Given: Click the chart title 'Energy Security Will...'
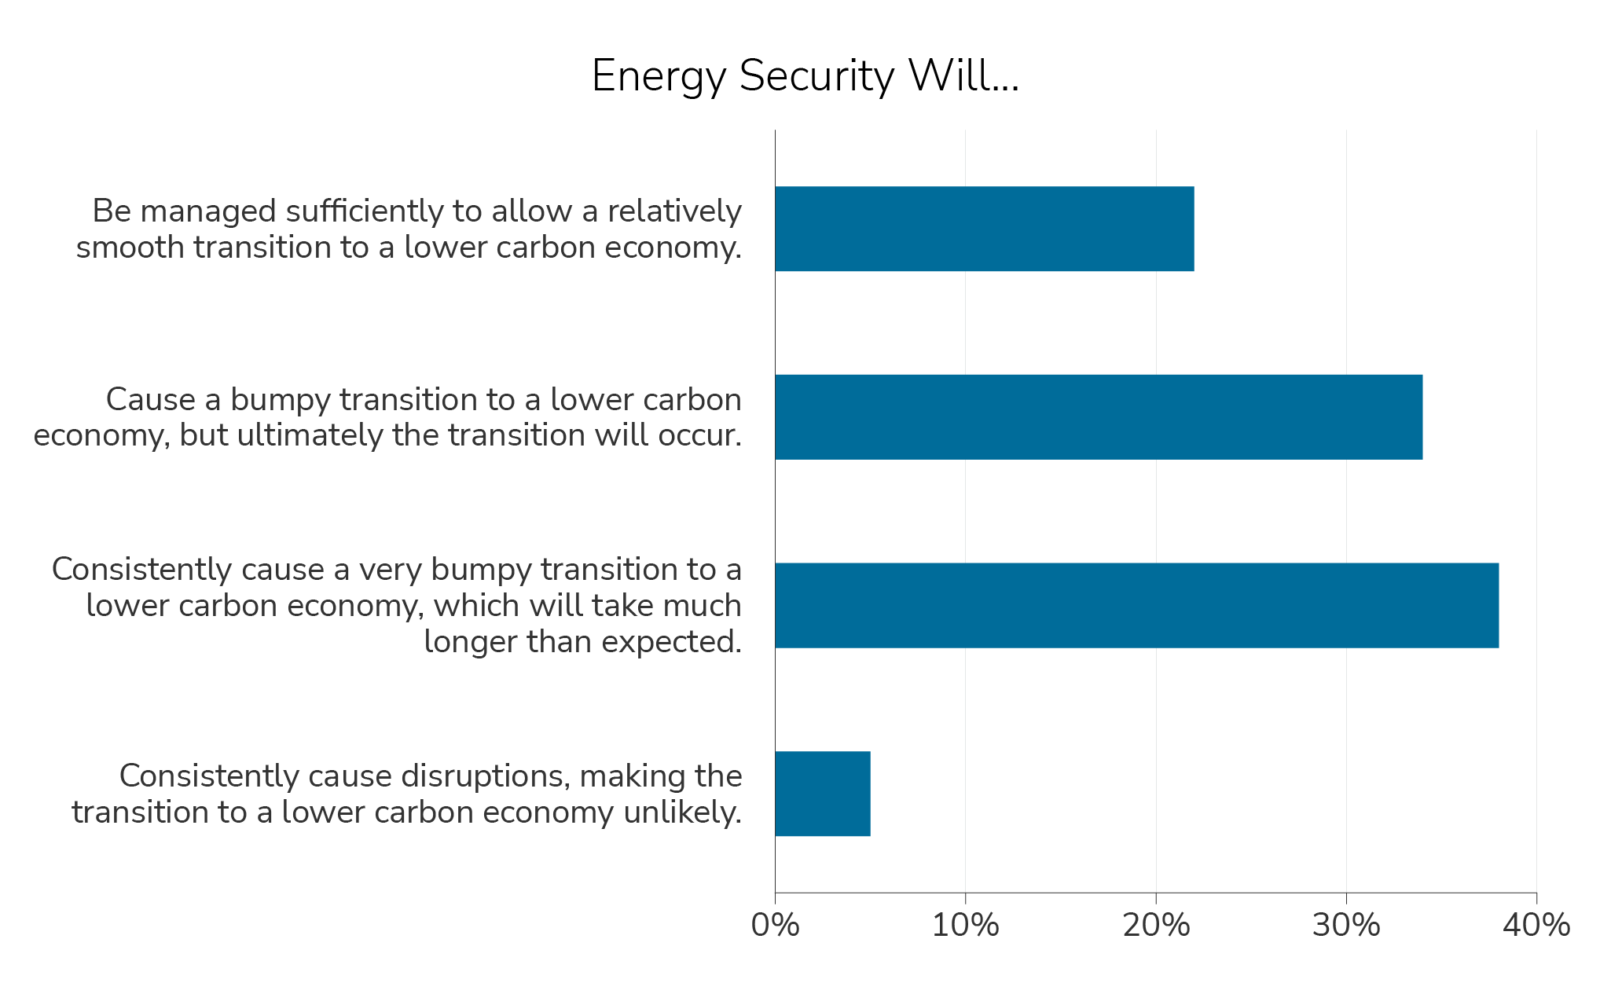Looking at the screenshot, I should tap(805, 76).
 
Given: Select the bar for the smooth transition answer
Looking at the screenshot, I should tap(984, 229).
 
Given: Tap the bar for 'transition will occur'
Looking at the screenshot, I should tap(1098, 416).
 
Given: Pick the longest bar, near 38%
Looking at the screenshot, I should tap(1136, 605).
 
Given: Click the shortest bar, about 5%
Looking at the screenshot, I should tap(822, 794).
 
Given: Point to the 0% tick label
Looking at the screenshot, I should tap(775, 926).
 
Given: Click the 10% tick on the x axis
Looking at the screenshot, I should tap(965, 926).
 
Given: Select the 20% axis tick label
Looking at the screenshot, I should tap(1155, 926).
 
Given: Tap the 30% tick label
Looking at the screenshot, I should tap(1345, 926).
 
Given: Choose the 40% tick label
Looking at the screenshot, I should tap(1536, 926).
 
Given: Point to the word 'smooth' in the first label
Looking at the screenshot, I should tap(130, 248).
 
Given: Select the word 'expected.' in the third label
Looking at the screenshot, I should tap(673, 642).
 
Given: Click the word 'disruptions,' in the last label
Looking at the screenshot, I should tap(486, 776).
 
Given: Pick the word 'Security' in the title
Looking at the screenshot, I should tap(817, 76).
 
